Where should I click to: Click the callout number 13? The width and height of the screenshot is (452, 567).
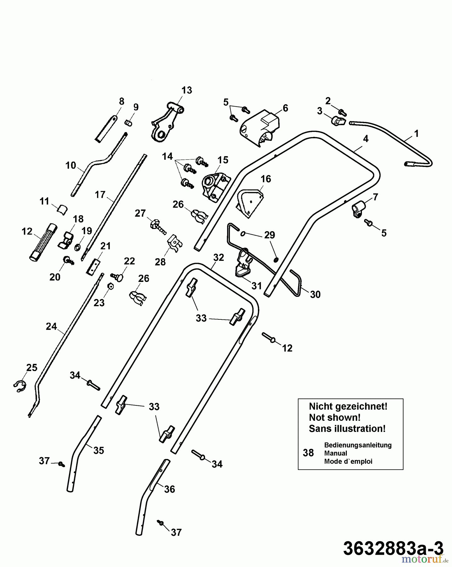(x=186, y=90)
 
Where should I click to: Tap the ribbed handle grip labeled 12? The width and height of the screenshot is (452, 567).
(x=43, y=241)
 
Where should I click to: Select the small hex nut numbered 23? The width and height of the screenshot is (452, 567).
(x=110, y=286)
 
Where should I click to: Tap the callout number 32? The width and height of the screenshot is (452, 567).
(x=219, y=257)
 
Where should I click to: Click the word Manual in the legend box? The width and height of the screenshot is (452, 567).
(x=335, y=453)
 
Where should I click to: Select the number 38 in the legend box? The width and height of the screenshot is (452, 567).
(x=308, y=453)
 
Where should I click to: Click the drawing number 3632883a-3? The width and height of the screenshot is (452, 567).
(x=393, y=548)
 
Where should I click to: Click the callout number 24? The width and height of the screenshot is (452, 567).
(x=51, y=326)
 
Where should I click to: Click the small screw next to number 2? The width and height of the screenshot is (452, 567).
(x=342, y=112)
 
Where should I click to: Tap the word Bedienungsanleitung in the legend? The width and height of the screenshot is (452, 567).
(x=358, y=445)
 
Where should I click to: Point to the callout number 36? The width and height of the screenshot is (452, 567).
(x=169, y=489)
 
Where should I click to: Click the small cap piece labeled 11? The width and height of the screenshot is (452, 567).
(x=62, y=209)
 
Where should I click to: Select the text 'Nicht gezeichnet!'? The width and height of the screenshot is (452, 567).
(x=348, y=406)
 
